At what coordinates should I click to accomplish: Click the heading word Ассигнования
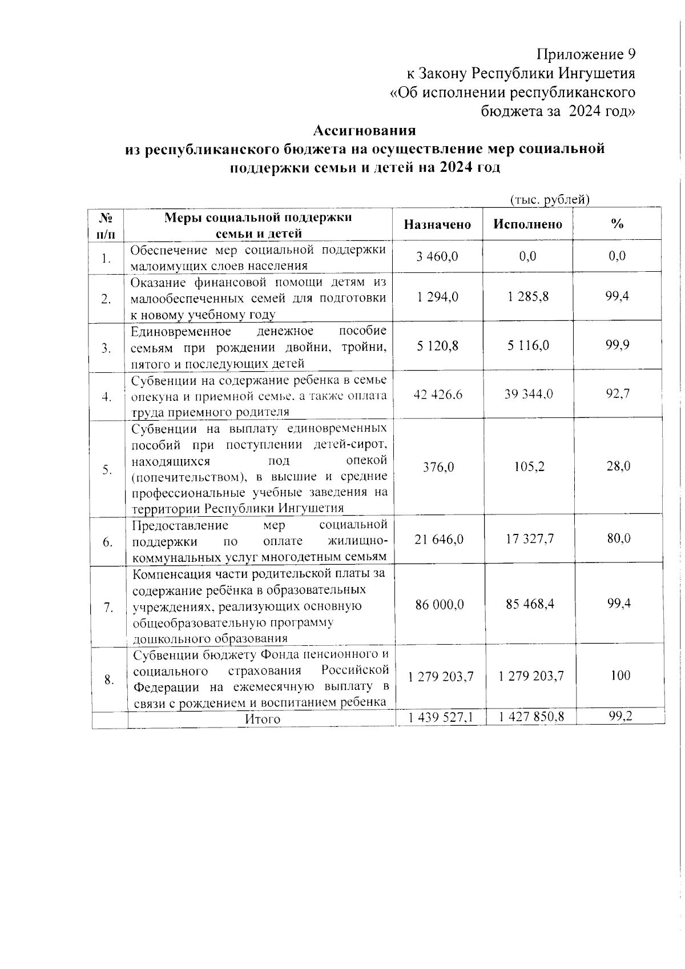pos(365,130)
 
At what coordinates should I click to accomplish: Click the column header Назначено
pos(437,224)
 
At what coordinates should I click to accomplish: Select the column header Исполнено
pos(528,224)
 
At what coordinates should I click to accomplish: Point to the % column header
pos(617,224)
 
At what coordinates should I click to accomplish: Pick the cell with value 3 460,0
pos(437,256)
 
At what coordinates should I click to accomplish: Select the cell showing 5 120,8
pos(437,345)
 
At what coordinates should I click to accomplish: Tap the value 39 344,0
pos(529,394)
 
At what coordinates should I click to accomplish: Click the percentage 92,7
pos(618,393)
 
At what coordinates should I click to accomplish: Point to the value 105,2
pos(529,467)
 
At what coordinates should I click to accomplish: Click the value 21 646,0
pos(438,539)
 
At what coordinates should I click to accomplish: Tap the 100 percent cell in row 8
pos(620,676)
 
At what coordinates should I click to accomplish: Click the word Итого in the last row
pos(263,719)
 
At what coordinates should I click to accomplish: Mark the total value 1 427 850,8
pos(531,717)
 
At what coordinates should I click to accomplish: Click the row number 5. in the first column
pos(107,469)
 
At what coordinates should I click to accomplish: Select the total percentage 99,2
pos(620,716)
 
